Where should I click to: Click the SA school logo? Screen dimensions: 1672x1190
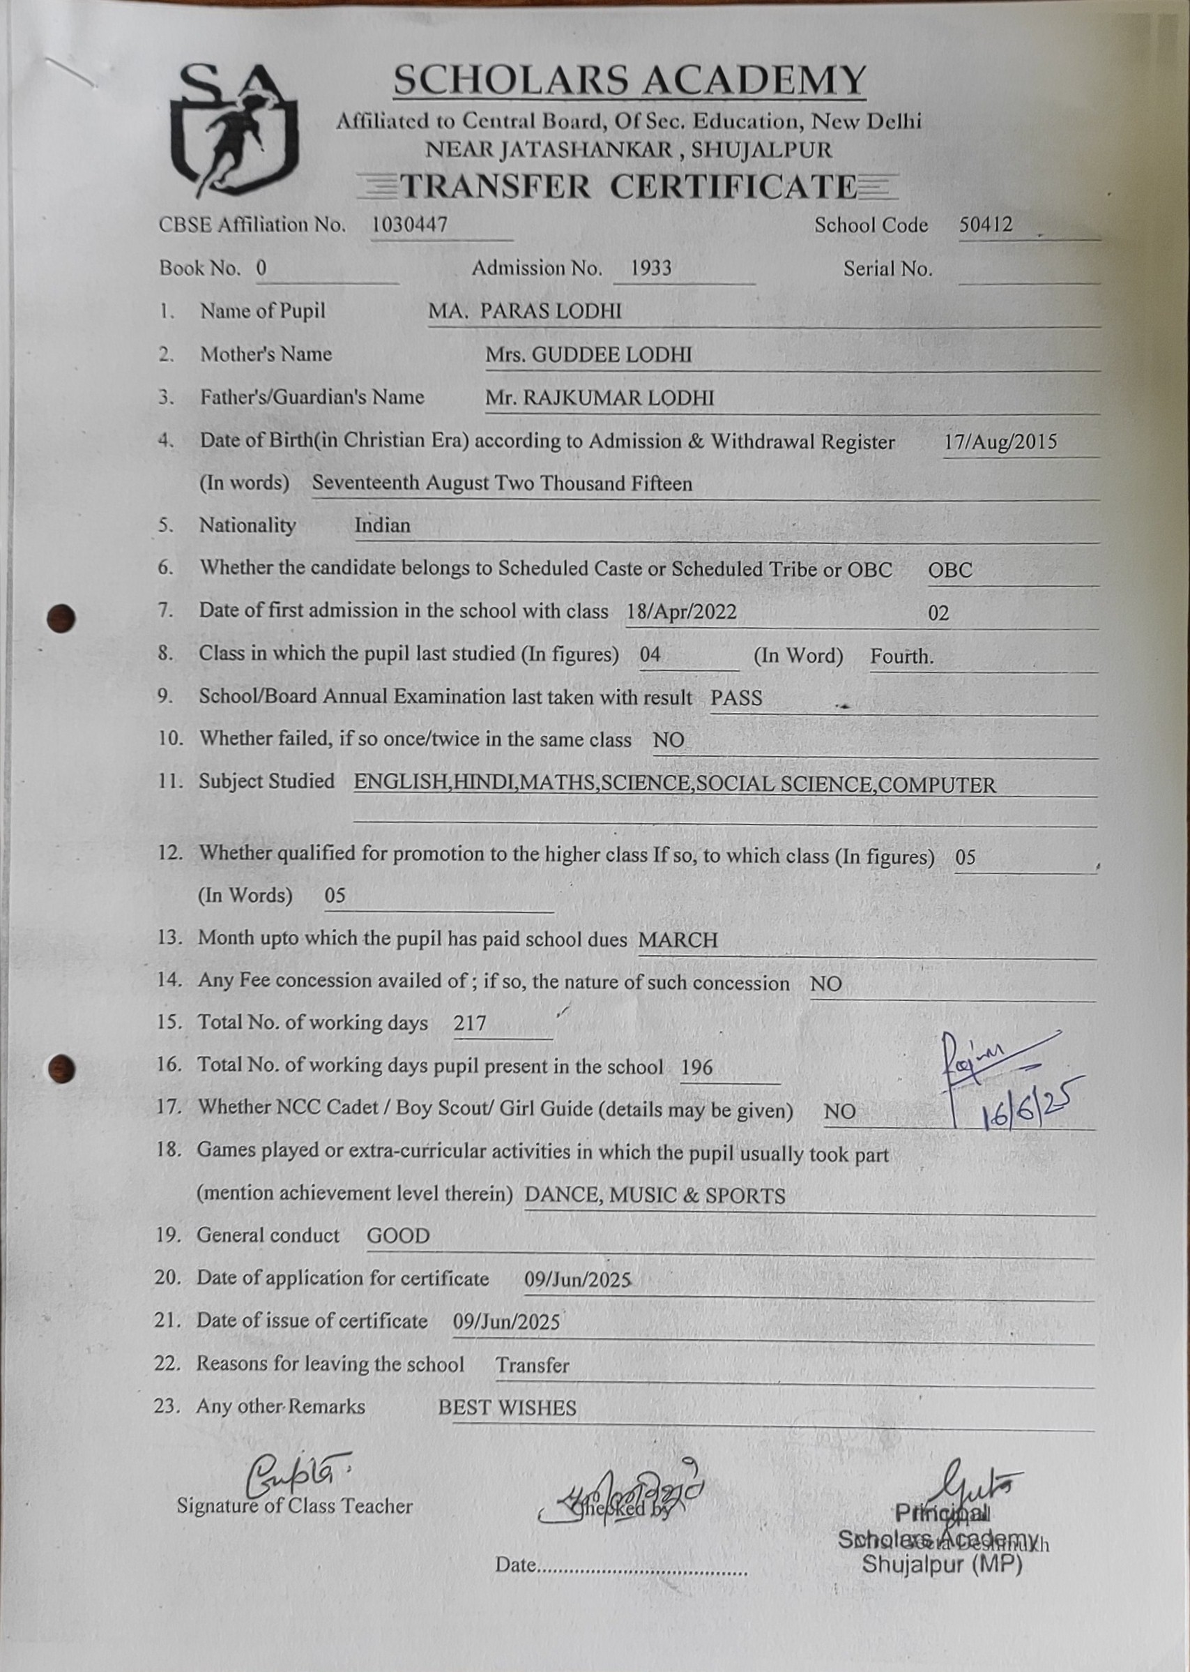coord(234,131)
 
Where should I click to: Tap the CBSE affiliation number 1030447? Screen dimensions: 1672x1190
coord(409,225)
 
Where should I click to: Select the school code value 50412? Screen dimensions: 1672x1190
coord(986,225)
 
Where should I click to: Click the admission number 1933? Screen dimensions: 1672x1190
coord(650,269)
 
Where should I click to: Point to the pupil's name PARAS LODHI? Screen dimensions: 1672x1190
coord(550,311)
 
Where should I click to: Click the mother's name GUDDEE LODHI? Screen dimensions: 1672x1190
coord(611,355)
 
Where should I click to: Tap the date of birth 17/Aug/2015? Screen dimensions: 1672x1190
coord(1000,442)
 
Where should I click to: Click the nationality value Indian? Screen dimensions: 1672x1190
coord(383,525)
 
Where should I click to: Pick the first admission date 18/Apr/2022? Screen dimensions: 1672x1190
coord(682,611)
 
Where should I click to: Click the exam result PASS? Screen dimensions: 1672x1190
coord(735,698)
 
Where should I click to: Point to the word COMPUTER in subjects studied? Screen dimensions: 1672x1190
coord(936,785)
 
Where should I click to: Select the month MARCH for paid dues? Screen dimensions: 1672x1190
coord(678,940)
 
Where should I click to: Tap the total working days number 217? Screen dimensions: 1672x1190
coord(470,1023)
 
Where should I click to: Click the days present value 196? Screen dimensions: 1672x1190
coord(696,1067)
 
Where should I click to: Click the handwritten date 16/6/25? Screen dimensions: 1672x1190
coord(1030,1108)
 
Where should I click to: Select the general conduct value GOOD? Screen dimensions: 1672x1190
coord(398,1236)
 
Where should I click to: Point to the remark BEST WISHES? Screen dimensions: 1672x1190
coord(507,1408)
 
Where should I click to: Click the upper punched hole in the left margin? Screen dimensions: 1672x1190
coord(61,618)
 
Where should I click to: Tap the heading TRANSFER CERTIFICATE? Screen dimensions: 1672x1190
coord(629,186)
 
